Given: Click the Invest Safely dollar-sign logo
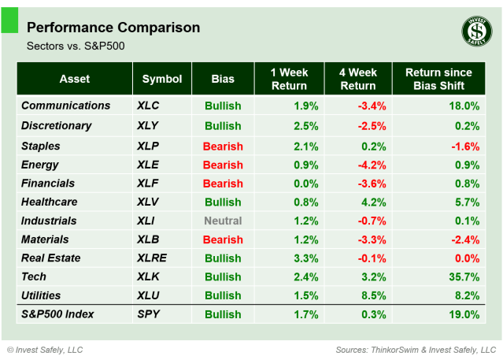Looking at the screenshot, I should coord(475,32).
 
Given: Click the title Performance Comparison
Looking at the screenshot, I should coord(113,28).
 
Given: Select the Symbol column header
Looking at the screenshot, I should coord(162,79).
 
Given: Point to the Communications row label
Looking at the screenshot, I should coord(66,106).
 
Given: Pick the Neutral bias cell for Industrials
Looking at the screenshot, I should coord(224,221).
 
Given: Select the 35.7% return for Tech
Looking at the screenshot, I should coord(464,276).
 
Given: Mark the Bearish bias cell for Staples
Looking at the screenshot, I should coord(223,146).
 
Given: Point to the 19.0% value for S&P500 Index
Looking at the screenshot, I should coord(464,314).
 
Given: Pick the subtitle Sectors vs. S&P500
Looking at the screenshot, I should coord(76,46).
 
